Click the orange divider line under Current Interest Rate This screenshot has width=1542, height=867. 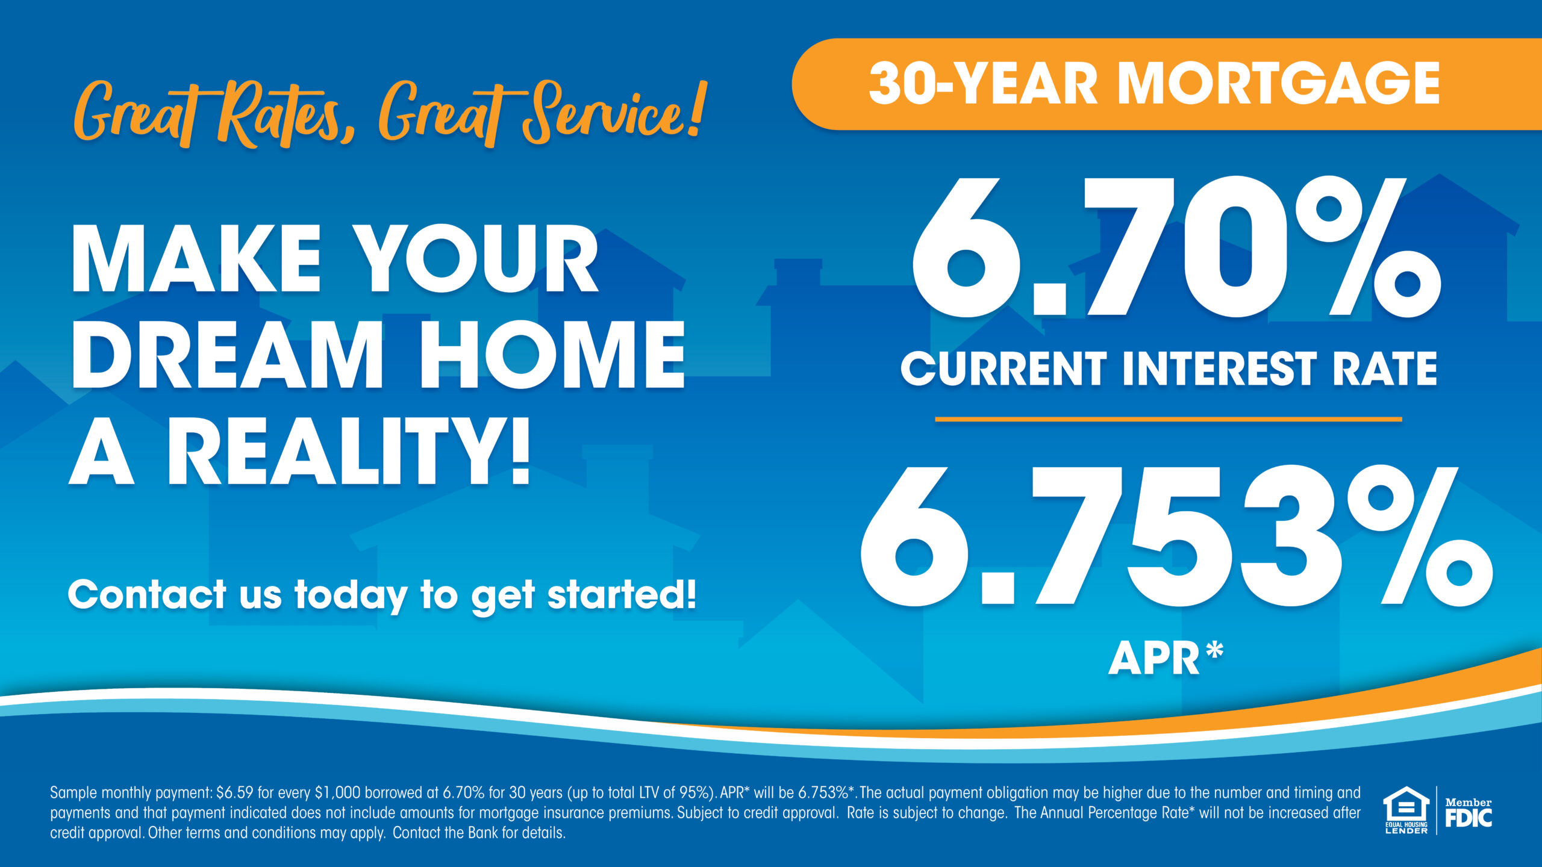[1169, 419]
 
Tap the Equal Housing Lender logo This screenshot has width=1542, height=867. [1406, 810]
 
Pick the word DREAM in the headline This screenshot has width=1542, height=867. [226, 355]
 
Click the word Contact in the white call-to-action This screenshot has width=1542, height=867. [146, 594]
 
